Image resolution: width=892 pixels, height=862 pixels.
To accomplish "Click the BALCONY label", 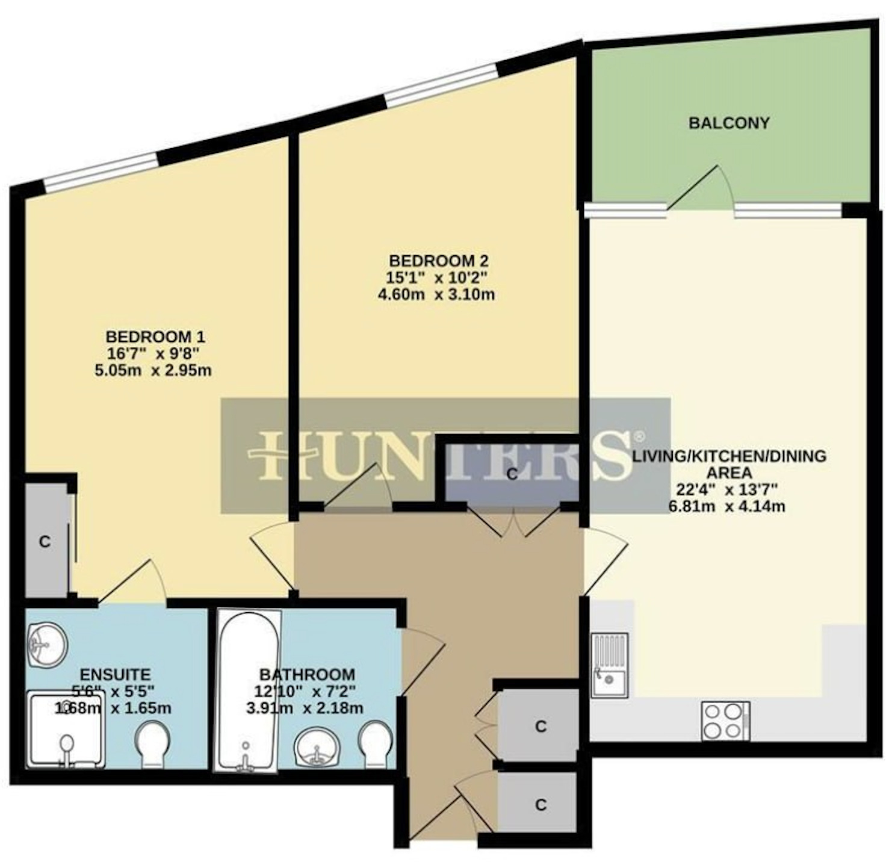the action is point(729,123).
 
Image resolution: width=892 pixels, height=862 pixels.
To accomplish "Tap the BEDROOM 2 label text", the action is point(439,261).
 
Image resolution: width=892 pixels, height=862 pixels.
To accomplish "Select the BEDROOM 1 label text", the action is point(155,337).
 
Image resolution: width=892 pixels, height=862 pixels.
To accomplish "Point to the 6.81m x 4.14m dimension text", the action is point(727,506).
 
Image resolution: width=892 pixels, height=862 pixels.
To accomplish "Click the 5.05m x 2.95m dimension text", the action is point(153,370).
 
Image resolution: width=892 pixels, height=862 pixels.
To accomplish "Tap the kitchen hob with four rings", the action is point(726,721).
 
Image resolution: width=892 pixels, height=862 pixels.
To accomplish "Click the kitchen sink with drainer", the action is point(609,665).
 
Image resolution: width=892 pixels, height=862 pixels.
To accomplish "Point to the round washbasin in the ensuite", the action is point(47,645).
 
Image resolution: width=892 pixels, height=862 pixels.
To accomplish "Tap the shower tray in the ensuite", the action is point(66,730).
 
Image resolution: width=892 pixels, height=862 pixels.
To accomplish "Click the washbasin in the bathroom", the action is point(316,746).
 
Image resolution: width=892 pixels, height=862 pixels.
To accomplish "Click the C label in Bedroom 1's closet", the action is point(45,542).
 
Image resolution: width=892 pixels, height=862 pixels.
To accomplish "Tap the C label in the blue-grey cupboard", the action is point(512,474).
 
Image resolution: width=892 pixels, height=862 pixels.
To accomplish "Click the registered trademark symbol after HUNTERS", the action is point(639,435).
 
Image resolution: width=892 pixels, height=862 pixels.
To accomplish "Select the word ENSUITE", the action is point(115,674).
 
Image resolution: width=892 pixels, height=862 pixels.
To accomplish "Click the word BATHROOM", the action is point(307,674).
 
